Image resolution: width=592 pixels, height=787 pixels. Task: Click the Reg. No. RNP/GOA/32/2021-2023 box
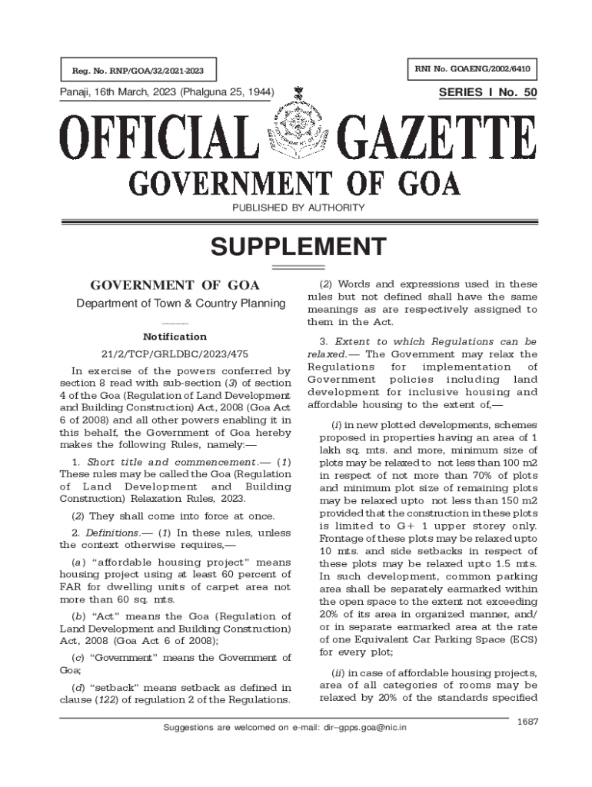point(138,72)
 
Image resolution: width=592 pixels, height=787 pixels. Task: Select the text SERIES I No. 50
point(487,93)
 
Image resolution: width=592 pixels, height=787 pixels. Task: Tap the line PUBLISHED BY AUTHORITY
point(296,208)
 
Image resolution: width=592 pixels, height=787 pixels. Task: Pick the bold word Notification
point(175,337)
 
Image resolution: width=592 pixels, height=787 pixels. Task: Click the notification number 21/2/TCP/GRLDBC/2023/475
point(175,354)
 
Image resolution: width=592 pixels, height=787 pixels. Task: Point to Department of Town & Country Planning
point(181,304)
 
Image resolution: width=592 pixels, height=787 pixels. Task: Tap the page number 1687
point(527,720)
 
